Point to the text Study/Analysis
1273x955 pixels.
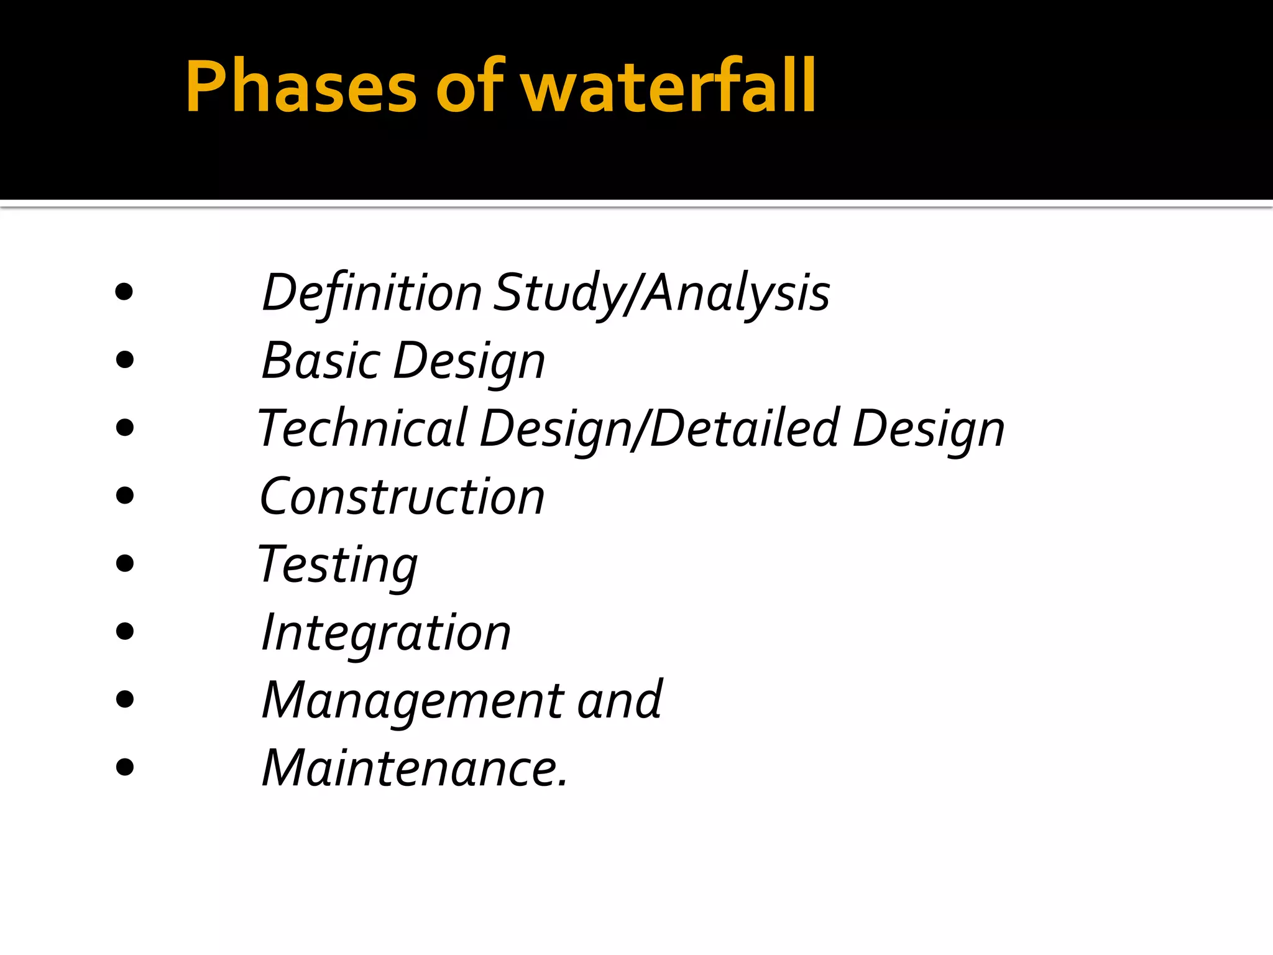click(661, 293)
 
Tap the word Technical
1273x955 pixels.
click(362, 428)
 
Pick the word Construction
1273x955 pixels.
click(402, 497)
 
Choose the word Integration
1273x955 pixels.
click(386, 634)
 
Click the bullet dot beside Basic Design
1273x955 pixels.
click(125, 359)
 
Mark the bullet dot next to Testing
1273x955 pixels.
click(125, 563)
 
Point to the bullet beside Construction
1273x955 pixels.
click(125, 496)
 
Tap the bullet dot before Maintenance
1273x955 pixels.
click(125, 767)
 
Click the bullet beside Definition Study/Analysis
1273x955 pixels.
click(124, 292)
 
